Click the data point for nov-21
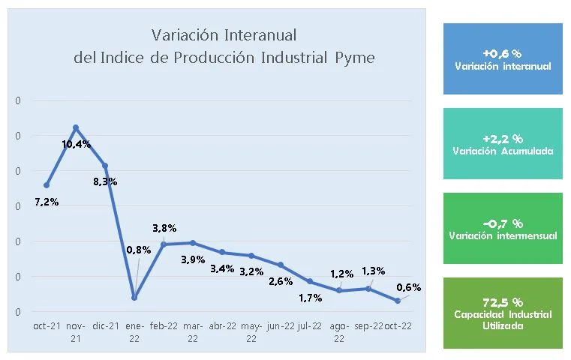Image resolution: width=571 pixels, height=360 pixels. point(76,127)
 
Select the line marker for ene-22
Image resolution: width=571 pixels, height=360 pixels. point(134,298)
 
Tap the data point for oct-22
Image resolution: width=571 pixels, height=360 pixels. point(398,301)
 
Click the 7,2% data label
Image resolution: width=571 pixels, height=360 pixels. point(47,202)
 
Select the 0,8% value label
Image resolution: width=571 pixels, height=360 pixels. point(138,250)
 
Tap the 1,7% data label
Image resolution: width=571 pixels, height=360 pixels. point(310,298)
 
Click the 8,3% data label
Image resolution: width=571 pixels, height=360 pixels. point(105,181)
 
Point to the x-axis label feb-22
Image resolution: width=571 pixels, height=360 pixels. point(164,326)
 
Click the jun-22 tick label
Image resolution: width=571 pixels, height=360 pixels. point(281,326)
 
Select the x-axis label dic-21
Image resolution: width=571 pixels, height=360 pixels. point(105,326)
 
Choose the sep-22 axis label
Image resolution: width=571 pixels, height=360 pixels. point(368,326)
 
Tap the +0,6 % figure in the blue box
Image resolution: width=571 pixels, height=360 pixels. point(503,53)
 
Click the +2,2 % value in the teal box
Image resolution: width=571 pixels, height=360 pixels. point(503,139)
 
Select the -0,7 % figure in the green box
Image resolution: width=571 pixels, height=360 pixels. point(503,223)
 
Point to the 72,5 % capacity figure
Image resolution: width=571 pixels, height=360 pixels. point(503,301)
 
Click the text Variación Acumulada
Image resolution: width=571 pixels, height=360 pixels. point(503,151)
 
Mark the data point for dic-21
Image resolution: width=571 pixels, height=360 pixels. point(105,166)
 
